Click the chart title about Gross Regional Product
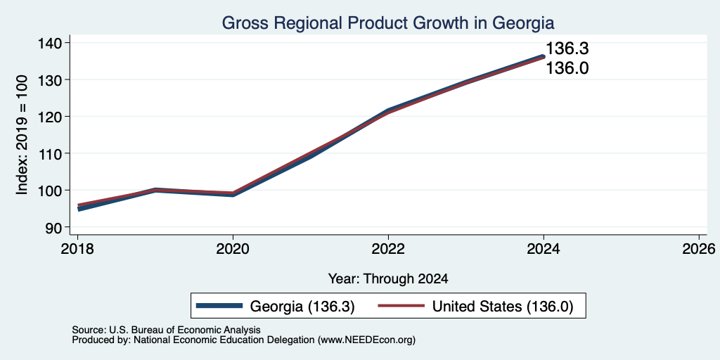tap(388, 22)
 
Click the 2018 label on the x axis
tap(77, 250)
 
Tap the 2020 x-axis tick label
tap(233, 250)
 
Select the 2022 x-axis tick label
tap(388, 250)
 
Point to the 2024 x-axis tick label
tap(544, 250)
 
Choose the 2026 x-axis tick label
tap(699, 250)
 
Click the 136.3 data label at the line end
tap(567, 49)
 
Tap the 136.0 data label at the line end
tap(567, 68)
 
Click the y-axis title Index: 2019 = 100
tap(22, 135)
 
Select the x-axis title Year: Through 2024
tap(388, 278)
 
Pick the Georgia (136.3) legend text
tap(302, 307)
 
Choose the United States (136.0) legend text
tap(503, 307)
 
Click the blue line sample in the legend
tap(219, 306)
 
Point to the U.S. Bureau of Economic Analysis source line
tap(166, 330)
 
